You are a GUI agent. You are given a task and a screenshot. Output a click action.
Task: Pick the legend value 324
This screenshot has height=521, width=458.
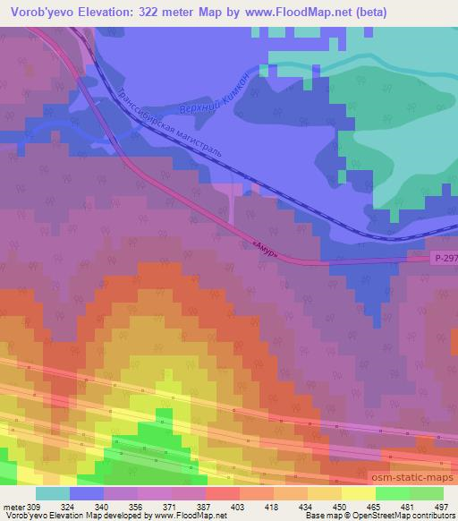[79, 507]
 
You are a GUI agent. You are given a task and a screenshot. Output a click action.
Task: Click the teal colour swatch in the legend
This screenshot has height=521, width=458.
[53, 493]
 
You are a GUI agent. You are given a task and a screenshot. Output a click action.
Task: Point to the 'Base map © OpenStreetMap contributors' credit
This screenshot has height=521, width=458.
[379, 517]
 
